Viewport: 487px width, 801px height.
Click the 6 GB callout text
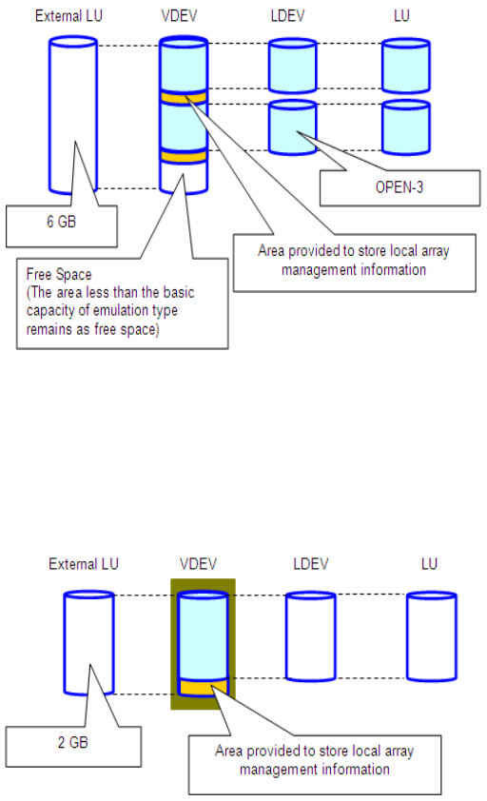click(x=61, y=222)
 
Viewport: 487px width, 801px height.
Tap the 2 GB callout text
click(x=72, y=742)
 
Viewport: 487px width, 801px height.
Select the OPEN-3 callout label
click(x=399, y=187)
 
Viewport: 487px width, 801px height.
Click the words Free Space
click(x=59, y=274)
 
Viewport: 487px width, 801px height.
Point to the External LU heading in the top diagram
click(x=68, y=16)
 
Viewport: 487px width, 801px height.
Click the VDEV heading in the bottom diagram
click(x=198, y=564)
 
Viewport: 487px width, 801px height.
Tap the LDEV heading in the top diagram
click(x=287, y=16)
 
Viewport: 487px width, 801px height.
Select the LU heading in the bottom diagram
click(x=429, y=564)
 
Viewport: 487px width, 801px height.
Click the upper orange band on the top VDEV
click(x=184, y=97)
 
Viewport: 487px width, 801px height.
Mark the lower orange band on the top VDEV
click(x=184, y=155)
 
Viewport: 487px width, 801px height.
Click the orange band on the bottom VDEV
click(x=203, y=687)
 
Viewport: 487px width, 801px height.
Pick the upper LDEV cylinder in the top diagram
click(x=292, y=66)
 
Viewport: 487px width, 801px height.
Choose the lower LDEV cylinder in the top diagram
click(x=292, y=127)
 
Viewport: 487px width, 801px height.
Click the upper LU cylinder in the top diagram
click(x=406, y=66)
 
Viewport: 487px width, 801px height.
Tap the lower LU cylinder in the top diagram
click(x=406, y=127)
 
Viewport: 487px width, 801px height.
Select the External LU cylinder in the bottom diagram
click(x=88, y=643)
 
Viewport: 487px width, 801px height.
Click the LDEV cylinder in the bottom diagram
click(x=310, y=636)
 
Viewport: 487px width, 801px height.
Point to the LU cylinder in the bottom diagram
click(x=431, y=636)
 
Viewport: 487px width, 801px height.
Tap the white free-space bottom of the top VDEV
click(x=184, y=177)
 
